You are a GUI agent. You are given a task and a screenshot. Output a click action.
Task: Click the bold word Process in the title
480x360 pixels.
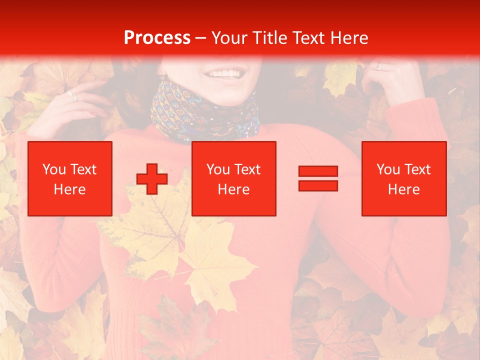(157, 38)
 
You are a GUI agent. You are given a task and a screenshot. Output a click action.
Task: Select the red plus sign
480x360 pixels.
(152, 179)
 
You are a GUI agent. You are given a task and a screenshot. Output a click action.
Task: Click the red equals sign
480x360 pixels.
(318, 178)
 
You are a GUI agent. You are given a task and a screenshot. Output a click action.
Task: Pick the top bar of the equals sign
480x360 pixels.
(318, 171)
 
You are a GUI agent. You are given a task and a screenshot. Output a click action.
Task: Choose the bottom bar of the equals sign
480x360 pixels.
(318, 185)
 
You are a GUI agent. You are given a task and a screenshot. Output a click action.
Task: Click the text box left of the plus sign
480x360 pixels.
(70, 178)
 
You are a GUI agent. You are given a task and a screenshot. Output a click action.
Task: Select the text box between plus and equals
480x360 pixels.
(234, 178)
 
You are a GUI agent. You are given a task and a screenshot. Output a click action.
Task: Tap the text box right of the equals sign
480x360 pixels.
(404, 178)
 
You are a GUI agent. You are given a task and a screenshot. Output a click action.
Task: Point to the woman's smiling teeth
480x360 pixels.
(224, 74)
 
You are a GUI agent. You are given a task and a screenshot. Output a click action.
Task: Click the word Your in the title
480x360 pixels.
(227, 38)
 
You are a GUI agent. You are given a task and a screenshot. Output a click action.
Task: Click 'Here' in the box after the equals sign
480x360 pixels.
(404, 189)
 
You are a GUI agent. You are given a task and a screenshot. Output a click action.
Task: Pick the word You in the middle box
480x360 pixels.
(218, 169)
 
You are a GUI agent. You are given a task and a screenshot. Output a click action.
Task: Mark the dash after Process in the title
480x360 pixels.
(201, 38)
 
